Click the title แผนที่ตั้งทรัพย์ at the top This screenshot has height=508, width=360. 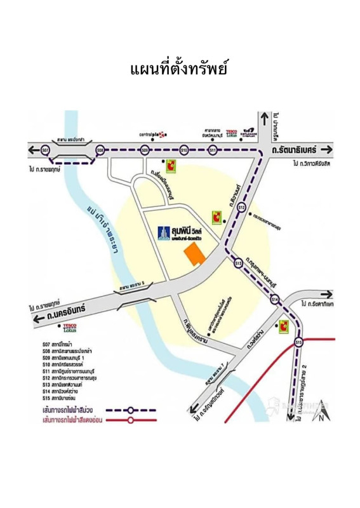(x=179, y=68)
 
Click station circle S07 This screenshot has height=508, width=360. (x=44, y=150)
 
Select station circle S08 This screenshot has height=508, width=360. (x=100, y=150)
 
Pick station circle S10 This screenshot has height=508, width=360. (x=184, y=150)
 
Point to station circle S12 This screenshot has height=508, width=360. (x=241, y=207)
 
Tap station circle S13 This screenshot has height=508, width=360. (x=237, y=262)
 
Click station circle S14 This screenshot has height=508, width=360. (x=274, y=299)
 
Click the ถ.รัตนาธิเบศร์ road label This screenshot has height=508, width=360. (x=293, y=150)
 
